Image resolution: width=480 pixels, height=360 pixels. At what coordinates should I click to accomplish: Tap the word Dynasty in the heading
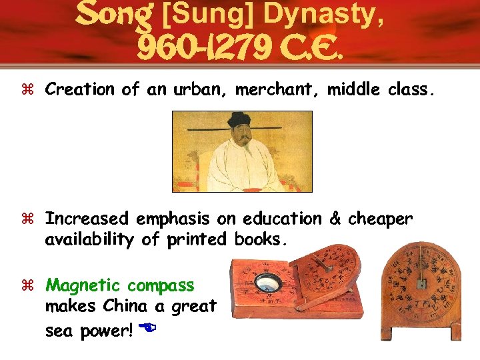341,14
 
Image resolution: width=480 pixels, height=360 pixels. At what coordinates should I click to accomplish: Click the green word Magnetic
83,285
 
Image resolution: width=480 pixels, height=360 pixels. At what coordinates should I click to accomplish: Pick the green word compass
161,285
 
